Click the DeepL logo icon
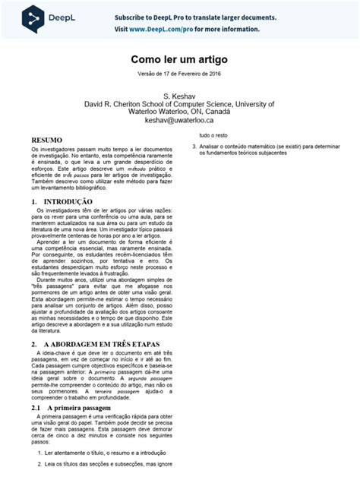click(x=32, y=17)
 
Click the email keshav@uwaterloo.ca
click(x=179, y=120)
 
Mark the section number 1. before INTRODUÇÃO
click(x=35, y=202)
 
